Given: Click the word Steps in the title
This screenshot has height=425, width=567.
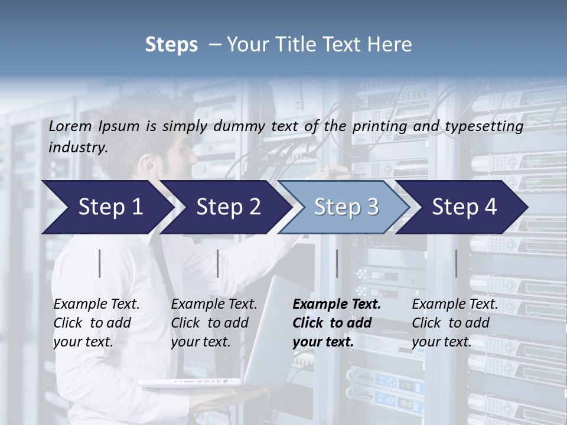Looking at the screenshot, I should pyautogui.click(x=171, y=45).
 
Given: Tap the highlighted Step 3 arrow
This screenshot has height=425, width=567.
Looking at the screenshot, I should pyautogui.click(x=346, y=207).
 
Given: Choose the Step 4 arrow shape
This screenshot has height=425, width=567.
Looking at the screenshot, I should pyautogui.click(x=464, y=207).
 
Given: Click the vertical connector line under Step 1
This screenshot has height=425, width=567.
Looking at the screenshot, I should pyautogui.click(x=100, y=263).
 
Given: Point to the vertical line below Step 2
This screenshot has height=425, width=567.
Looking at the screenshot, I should pyautogui.click(x=218, y=263).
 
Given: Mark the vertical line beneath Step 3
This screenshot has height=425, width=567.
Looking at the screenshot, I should pyautogui.click(x=337, y=263).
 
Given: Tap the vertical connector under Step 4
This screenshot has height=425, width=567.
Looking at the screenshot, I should pyautogui.click(x=456, y=263).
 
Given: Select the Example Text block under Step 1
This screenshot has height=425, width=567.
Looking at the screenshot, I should pyautogui.click(x=96, y=323).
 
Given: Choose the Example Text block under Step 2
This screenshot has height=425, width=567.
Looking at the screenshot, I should pyautogui.click(x=214, y=323).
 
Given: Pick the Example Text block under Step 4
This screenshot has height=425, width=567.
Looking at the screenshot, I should pyautogui.click(x=455, y=323).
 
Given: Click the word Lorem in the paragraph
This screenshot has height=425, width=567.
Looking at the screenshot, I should pyautogui.click(x=70, y=126).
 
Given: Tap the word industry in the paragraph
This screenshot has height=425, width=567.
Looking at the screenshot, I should pyautogui.click(x=77, y=148).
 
